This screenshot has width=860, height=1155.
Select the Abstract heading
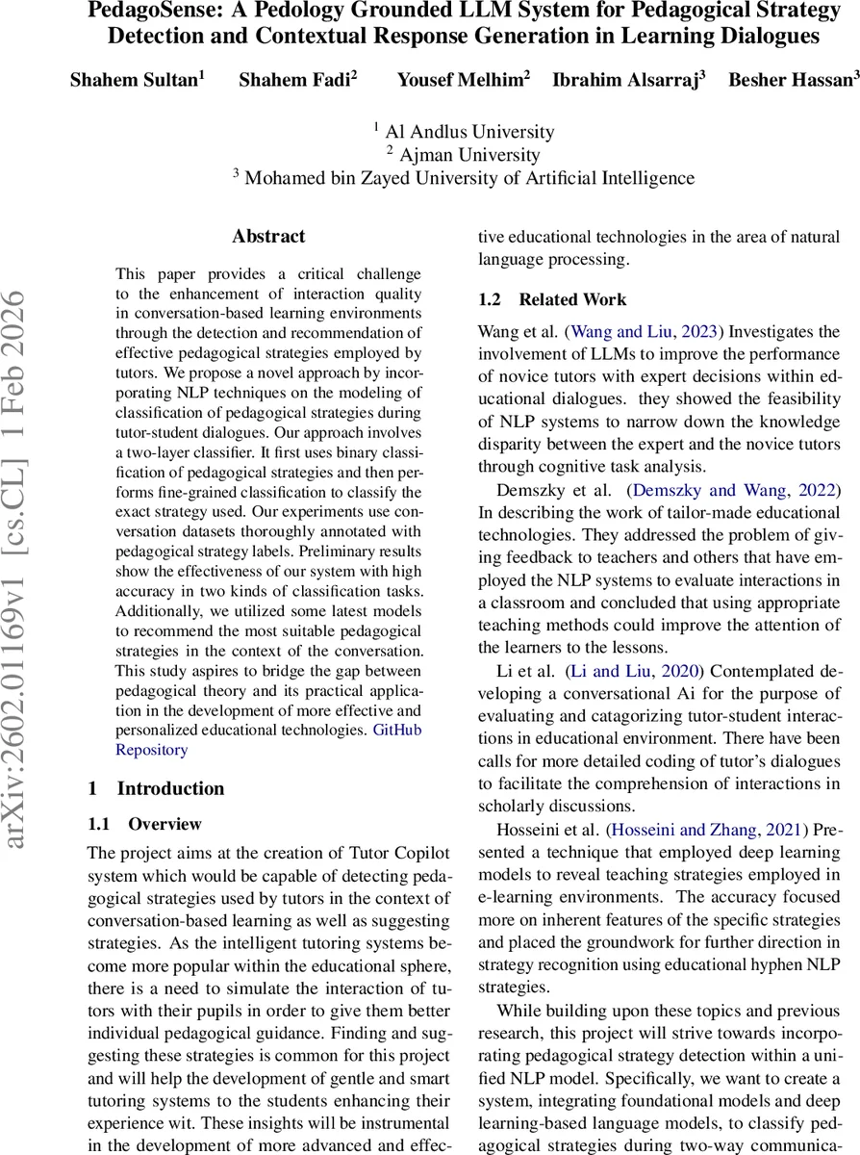[x=268, y=237]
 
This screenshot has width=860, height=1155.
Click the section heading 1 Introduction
[x=156, y=788]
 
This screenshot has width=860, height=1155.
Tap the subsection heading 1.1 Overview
[x=145, y=824]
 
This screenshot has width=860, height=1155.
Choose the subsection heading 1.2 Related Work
[x=552, y=299]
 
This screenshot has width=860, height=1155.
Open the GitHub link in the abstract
[x=396, y=730]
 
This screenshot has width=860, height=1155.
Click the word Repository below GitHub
[x=152, y=749]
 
